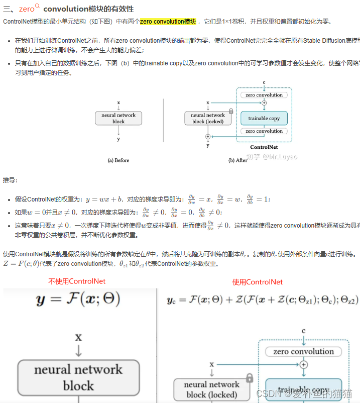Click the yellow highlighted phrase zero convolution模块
tap(168, 22)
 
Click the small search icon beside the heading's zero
tap(37, 7)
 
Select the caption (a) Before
tap(118, 160)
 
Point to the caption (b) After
tap(238, 160)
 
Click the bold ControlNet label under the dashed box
tap(264, 147)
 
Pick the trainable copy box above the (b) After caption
tap(264, 119)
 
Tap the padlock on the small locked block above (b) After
tap(230, 111)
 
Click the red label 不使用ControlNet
tap(77, 281)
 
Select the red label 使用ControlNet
tap(257, 282)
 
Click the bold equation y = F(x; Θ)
tap(78, 300)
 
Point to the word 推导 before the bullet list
tap(10, 180)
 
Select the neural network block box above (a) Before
tap(118, 118)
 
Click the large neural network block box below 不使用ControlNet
tap(78, 377)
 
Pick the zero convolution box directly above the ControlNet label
tap(264, 131)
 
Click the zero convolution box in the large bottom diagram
tap(303, 352)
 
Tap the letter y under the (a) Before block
tap(118, 139)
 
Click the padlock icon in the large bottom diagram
tap(249, 378)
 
